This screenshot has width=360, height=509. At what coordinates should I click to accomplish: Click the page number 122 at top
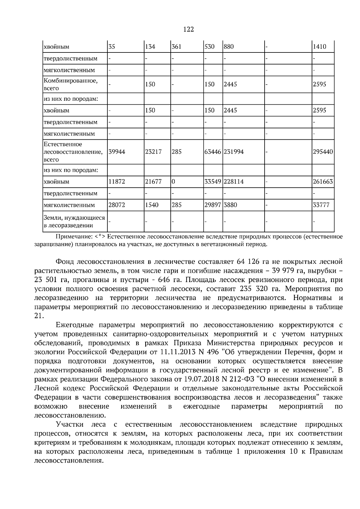click(188, 29)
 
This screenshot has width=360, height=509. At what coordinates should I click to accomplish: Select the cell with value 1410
click(319, 47)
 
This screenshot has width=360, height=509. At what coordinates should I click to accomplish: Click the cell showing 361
click(176, 47)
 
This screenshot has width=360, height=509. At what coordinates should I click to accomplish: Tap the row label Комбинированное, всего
click(71, 84)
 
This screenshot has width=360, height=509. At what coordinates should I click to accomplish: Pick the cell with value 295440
click(323, 152)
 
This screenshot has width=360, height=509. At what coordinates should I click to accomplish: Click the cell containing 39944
click(117, 152)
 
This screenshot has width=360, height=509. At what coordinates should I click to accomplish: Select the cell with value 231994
click(234, 152)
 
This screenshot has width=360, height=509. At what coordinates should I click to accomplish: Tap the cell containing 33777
click(321, 205)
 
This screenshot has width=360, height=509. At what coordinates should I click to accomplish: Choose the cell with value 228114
click(234, 182)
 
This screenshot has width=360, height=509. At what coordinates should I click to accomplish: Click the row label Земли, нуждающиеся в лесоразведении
click(74, 222)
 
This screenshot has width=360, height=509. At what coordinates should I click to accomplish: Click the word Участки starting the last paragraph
click(70, 424)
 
